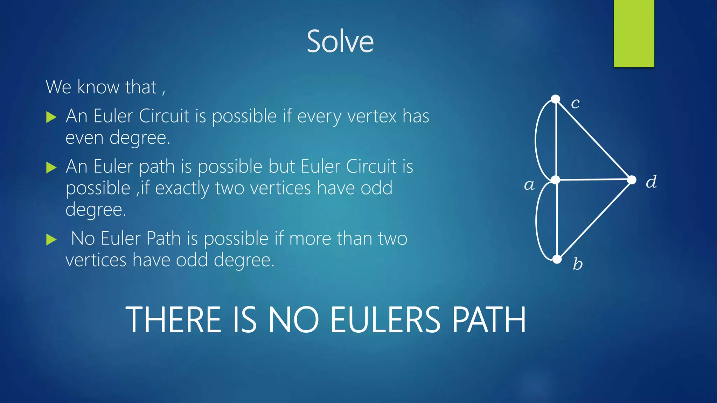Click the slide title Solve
click(x=340, y=41)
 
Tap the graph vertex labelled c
click(x=556, y=99)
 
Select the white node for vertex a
click(x=556, y=180)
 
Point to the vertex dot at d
click(x=632, y=180)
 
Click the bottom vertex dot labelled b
click(x=557, y=259)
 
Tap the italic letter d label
click(x=651, y=182)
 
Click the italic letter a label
click(x=529, y=185)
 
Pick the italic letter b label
click(x=578, y=264)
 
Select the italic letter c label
click(x=575, y=103)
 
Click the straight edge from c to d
click(x=593, y=139)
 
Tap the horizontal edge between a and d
click(x=593, y=179)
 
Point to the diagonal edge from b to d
click(x=594, y=220)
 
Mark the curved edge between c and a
click(x=536, y=140)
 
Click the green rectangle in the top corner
click(x=634, y=33)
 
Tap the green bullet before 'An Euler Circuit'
click(x=51, y=117)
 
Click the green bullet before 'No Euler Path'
click(x=51, y=240)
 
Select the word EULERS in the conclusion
click(x=385, y=320)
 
